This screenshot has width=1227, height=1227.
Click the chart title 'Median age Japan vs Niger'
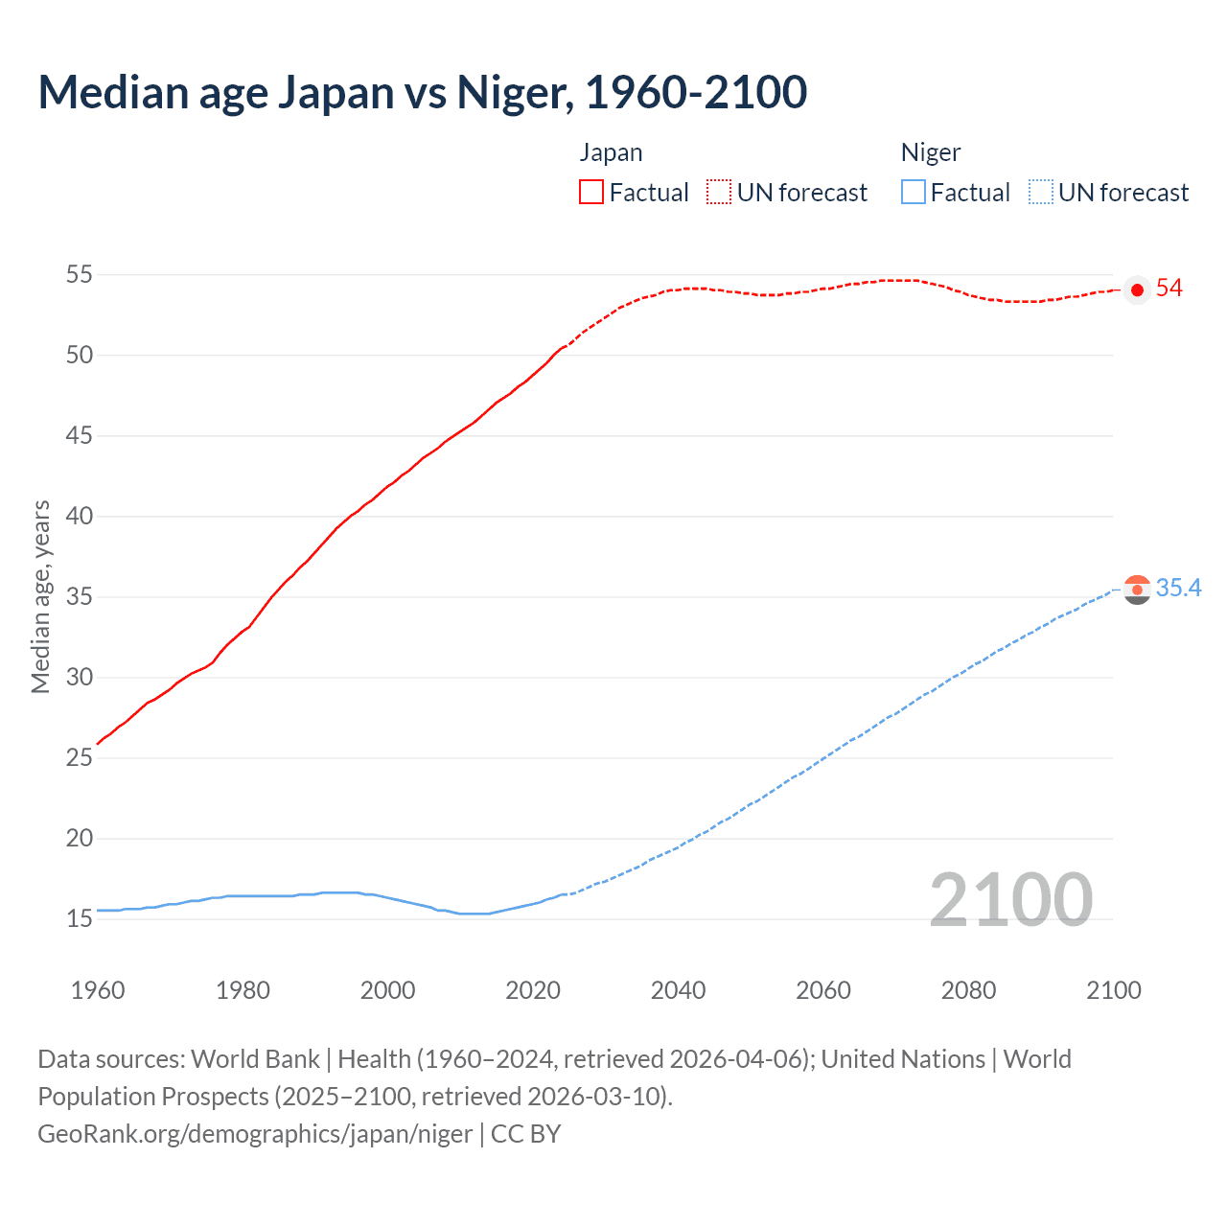coord(422,93)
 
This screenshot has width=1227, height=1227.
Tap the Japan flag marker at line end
coord(1137,289)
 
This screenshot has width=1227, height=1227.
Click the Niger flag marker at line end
coord(1137,590)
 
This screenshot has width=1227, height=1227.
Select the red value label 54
coord(1169,289)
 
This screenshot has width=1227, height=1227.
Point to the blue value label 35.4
coord(1178,589)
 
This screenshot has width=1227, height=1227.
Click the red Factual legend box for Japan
coord(591,193)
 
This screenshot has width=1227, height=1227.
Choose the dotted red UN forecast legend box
coord(719,193)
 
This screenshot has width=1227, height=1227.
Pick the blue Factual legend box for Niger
coord(914,193)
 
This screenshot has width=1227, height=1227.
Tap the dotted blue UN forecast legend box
coord(1040,193)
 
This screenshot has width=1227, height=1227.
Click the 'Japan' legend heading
coord(611,153)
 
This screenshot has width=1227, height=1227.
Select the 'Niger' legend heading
coord(931,153)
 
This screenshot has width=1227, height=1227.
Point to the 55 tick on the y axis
coord(79,275)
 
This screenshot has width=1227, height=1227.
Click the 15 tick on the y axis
coord(79,919)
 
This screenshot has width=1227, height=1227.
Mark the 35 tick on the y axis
coord(79,597)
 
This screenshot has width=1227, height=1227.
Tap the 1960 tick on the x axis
coord(98,990)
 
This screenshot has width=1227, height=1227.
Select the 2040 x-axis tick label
coord(678,990)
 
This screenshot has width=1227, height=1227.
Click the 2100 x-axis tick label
coord(1113,990)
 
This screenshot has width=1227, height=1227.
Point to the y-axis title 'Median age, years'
coord(40,596)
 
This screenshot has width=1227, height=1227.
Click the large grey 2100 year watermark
coord(1010,900)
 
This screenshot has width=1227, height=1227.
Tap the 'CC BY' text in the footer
coord(525,1134)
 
